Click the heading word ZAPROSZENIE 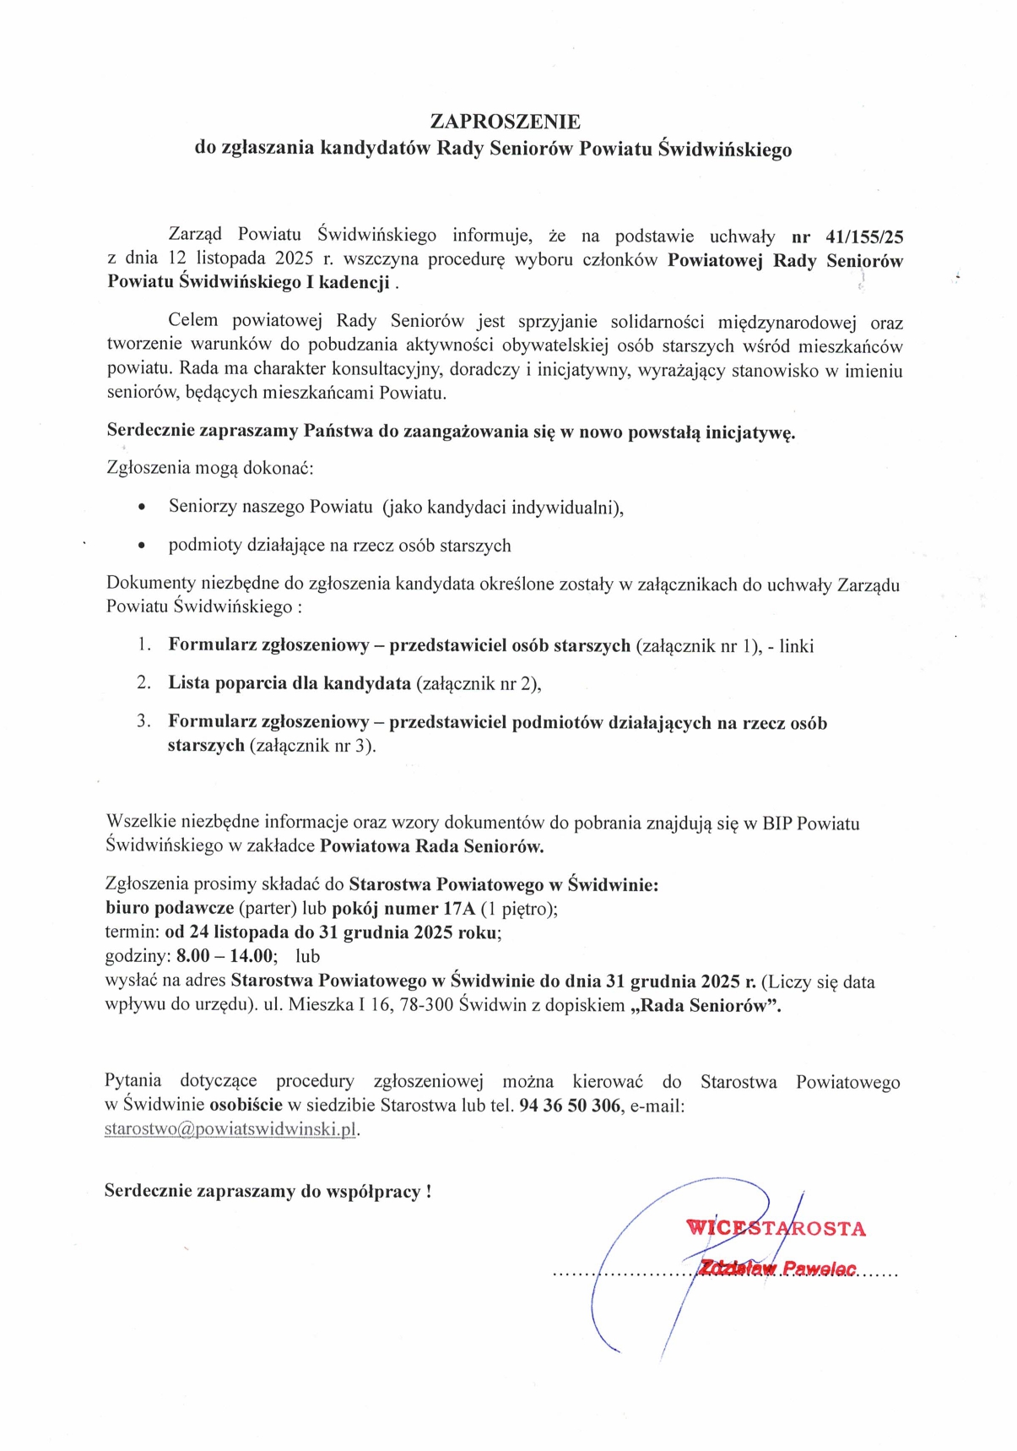pos(505,122)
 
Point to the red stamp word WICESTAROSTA pos(776,1228)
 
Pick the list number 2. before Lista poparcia pos(144,682)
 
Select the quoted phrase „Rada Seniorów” pos(706,1006)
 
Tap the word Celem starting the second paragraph pos(193,321)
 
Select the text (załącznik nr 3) pos(312,746)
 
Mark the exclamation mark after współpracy pos(429,1192)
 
